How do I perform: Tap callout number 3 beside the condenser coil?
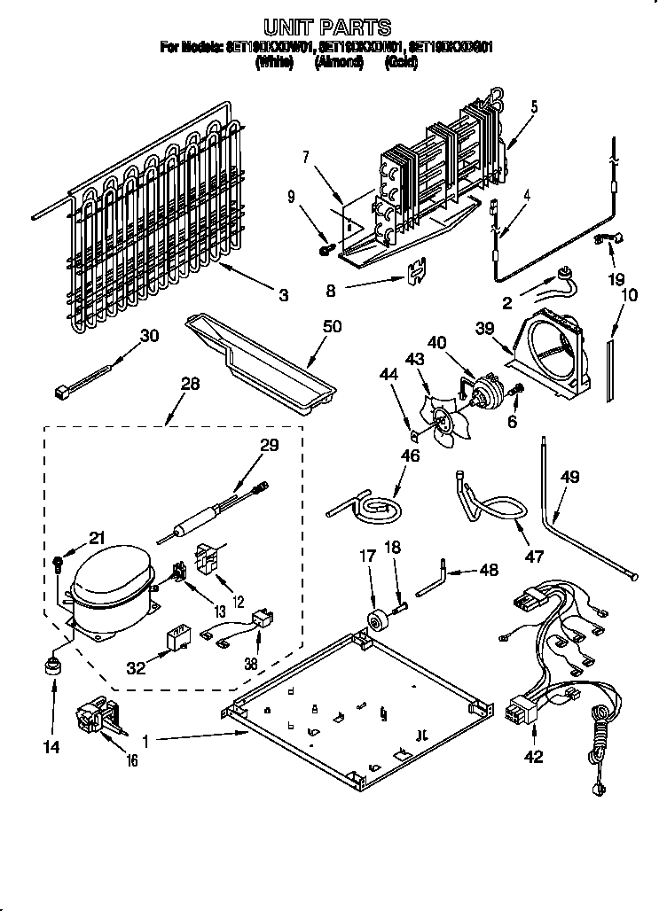tap(283, 296)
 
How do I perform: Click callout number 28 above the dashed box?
tap(190, 385)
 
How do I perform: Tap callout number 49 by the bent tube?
tap(569, 478)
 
